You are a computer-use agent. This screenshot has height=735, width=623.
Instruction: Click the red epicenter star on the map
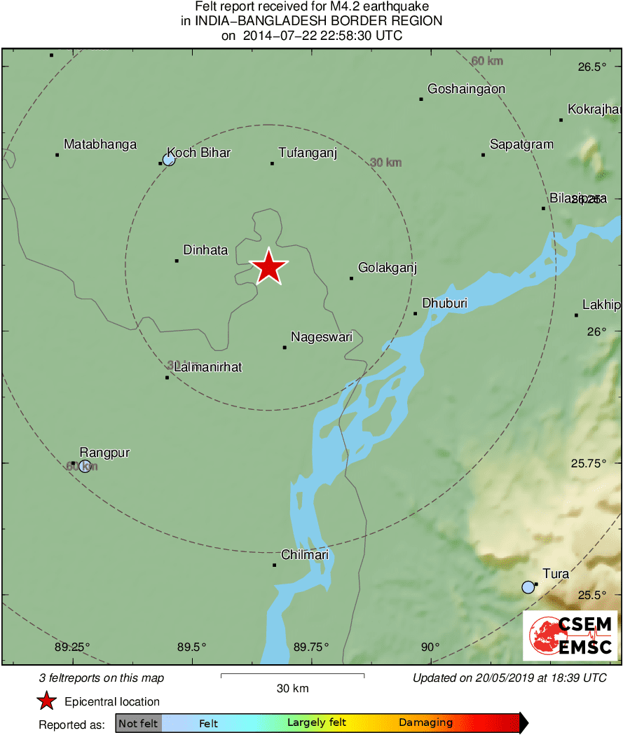pyautogui.click(x=268, y=267)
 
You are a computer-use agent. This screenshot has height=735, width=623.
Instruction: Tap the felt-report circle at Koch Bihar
pyautogui.click(x=169, y=160)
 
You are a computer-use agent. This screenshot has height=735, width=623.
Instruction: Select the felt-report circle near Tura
pyautogui.click(x=528, y=587)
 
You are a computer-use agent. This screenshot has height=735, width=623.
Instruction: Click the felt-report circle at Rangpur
pyautogui.click(x=85, y=467)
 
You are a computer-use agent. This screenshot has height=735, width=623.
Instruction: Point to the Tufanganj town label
pyautogui.click(x=308, y=153)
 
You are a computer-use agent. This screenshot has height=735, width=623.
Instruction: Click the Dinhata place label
pyautogui.click(x=205, y=250)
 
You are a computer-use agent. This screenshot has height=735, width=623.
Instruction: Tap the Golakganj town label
pyautogui.click(x=388, y=268)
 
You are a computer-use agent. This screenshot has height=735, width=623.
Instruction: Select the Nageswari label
pyautogui.click(x=322, y=337)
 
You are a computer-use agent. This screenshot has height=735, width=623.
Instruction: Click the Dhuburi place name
pyautogui.click(x=444, y=303)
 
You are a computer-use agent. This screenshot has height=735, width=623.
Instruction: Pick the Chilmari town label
pyautogui.click(x=305, y=555)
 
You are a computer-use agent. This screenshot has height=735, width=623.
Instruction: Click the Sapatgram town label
pyautogui.click(x=521, y=144)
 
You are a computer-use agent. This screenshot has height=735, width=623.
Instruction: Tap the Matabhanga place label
pyautogui.click(x=100, y=144)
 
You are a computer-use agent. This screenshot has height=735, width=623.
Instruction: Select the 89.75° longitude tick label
pyautogui.click(x=311, y=647)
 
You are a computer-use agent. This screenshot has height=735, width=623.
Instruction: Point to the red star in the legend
pyautogui.click(x=46, y=701)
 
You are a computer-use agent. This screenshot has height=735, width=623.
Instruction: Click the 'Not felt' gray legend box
pyautogui.click(x=138, y=723)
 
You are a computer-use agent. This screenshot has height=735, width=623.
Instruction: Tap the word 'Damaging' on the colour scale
pyautogui.click(x=425, y=723)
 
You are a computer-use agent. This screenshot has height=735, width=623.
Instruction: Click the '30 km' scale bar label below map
pyautogui.click(x=292, y=688)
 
